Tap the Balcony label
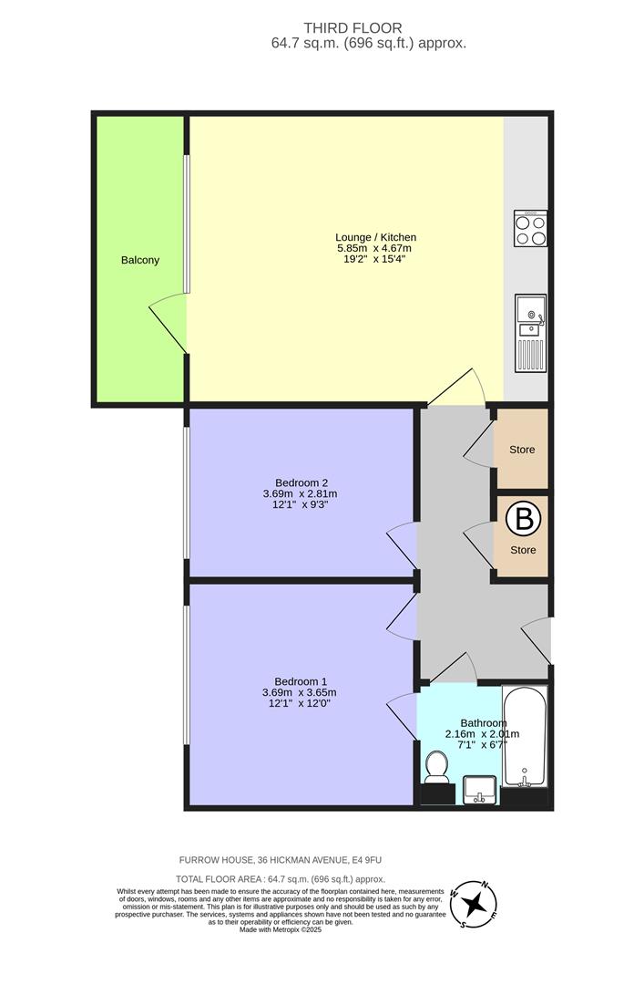(140, 260)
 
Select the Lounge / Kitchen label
(375, 237)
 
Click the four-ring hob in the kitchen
(530, 228)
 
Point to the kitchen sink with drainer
(529, 333)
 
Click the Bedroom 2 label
(301, 482)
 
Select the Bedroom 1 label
(300, 681)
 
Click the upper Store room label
(522, 450)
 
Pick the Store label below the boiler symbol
(522, 550)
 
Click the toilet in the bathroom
(437, 769)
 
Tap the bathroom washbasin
(479, 789)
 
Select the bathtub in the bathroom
(525, 739)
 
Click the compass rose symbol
(474, 905)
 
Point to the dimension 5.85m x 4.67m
(375, 248)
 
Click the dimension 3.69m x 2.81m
(301, 494)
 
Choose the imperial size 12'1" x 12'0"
(300, 703)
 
